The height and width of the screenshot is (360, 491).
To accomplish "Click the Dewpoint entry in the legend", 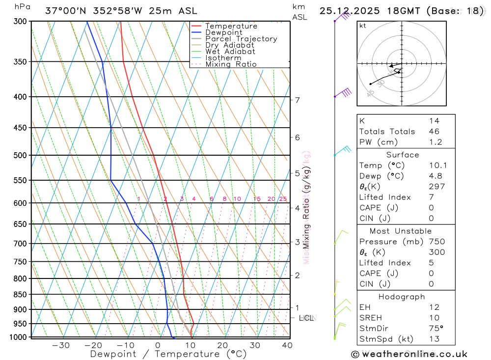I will (x=223, y=32).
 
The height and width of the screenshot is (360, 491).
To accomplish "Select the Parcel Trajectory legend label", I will (x=241, y=39).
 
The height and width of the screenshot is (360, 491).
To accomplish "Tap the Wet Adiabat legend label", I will (x=230, y=52).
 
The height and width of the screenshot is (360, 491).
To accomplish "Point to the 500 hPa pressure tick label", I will (x=20, y=155).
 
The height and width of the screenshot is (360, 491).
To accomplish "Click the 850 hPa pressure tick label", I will (x=20, y=295).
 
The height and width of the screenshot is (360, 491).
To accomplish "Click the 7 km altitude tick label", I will (x=298, y=100).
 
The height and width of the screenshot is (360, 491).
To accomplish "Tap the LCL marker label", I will (x=306, y=318).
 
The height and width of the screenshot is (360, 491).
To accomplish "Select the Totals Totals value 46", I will (x=434, y=132).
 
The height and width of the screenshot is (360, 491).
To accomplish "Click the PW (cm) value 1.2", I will (x=435, y=142).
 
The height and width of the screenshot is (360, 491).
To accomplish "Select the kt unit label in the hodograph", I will (x=363, y=26).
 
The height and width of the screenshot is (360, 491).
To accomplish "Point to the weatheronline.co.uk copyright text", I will (x=409, y=354).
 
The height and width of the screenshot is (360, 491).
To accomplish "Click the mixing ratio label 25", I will (x=283, y=199).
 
